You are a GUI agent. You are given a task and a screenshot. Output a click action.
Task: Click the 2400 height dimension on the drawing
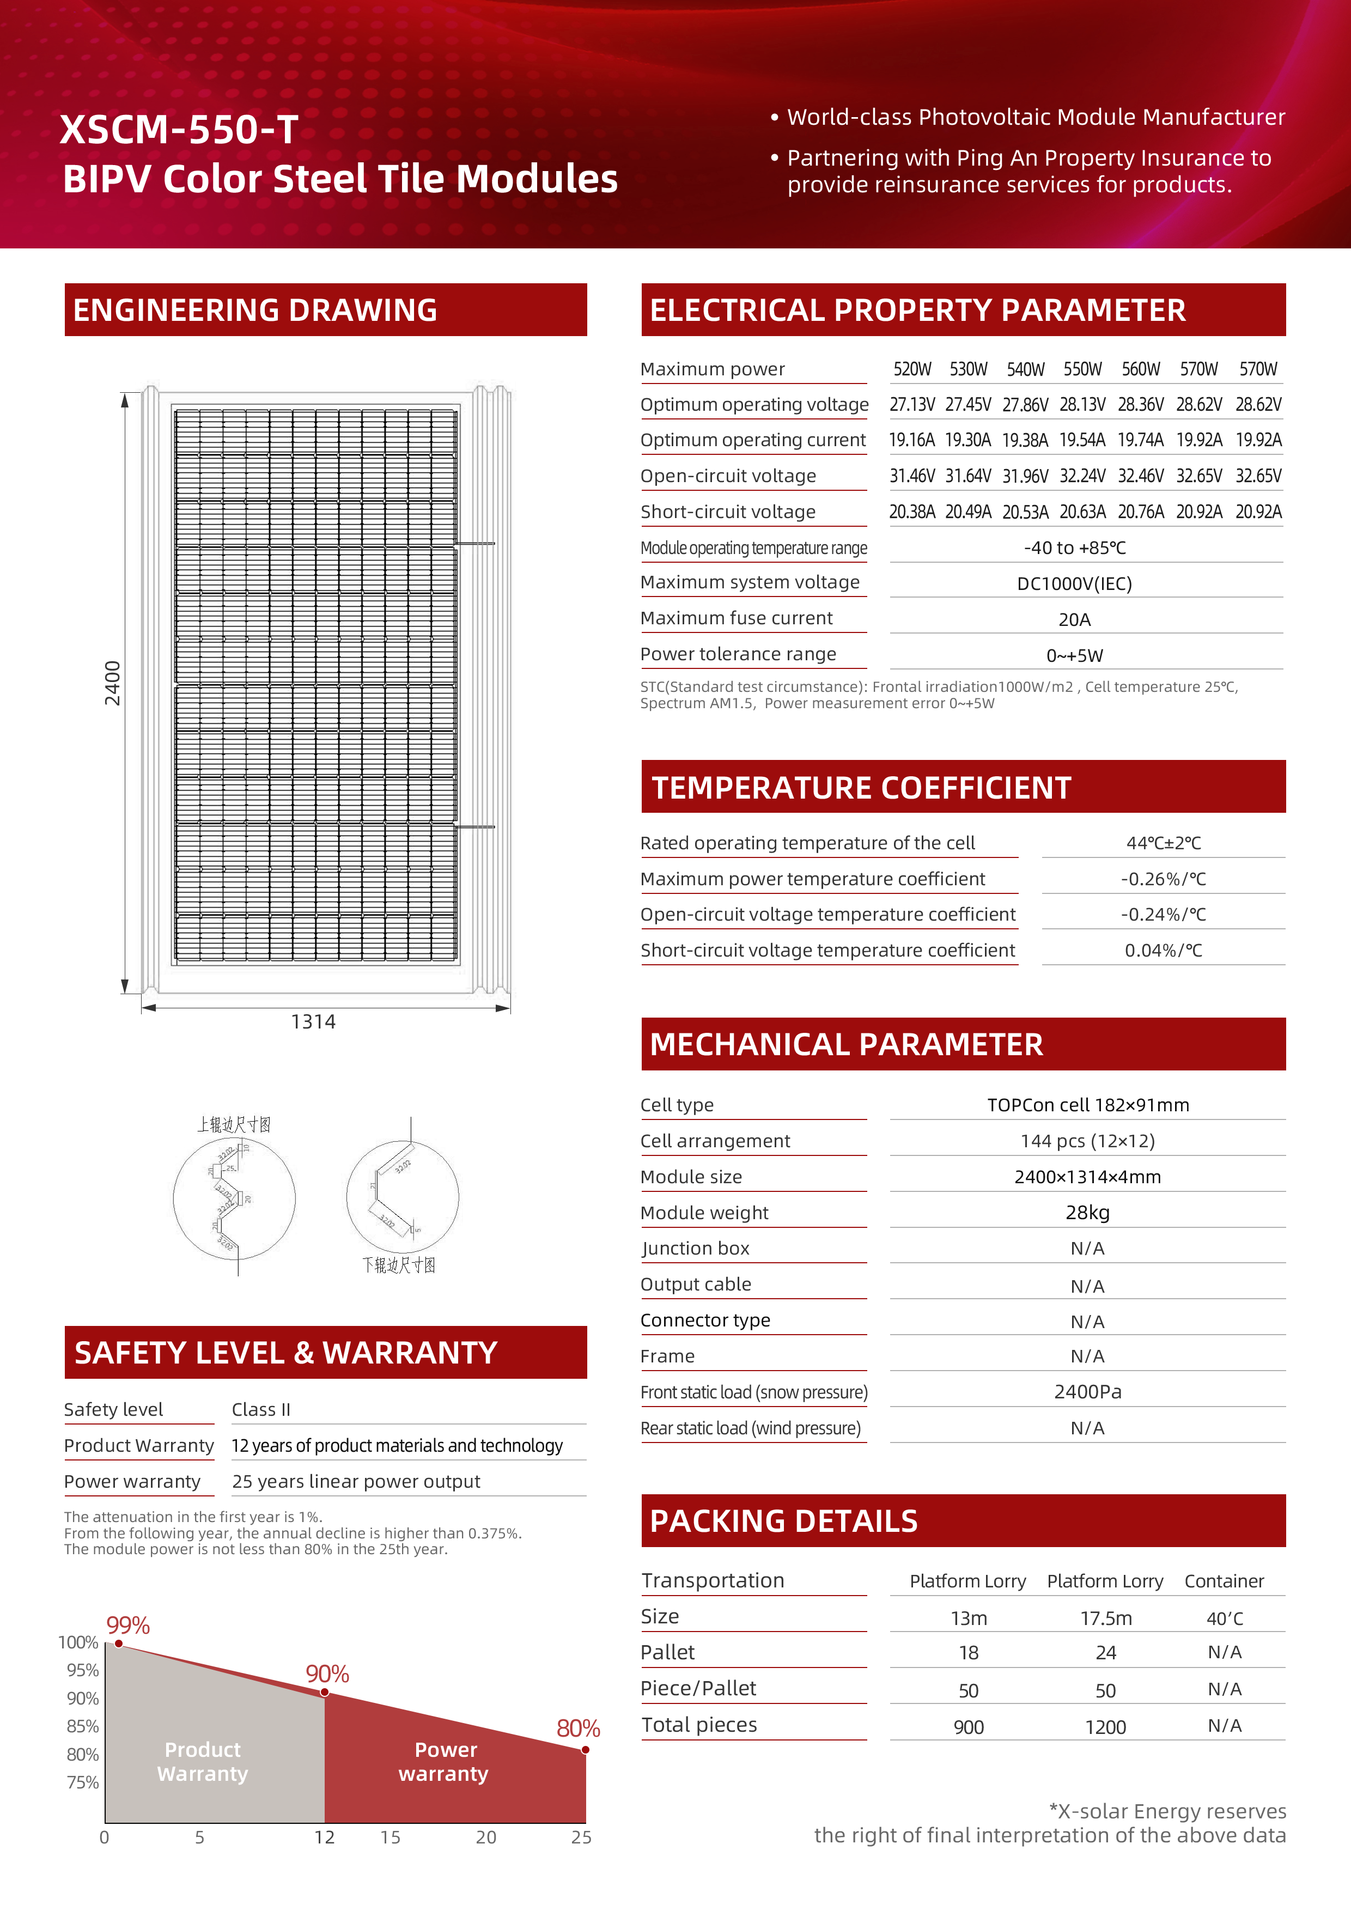point(112,683)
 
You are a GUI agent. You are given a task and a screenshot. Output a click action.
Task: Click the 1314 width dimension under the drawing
point(313,1022)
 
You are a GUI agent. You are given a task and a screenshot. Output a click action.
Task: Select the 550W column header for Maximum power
point(1082,369)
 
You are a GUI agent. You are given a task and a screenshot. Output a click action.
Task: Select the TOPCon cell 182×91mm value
point(1087,1105)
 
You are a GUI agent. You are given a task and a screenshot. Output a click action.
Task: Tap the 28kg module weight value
point(1087,1213)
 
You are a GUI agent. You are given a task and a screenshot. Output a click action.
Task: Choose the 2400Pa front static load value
point(1087,1392)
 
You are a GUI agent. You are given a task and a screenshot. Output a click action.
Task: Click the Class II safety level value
point(260,1410)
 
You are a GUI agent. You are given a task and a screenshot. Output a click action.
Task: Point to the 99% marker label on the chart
point(128,1626)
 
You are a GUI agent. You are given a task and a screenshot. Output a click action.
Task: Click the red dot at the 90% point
point(325,1692)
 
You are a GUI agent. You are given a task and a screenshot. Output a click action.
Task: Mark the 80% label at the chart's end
point(579,1729)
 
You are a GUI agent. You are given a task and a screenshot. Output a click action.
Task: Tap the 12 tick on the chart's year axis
point(325,1838)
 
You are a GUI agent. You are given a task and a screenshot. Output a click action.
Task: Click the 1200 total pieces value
point(1105,1727)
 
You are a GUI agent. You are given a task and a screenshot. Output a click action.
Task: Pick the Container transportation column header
point(1224,1581)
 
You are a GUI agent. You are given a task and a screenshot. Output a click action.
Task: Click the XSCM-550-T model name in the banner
point(179,130)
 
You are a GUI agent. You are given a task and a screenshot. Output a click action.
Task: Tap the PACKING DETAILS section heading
point(783,1522)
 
